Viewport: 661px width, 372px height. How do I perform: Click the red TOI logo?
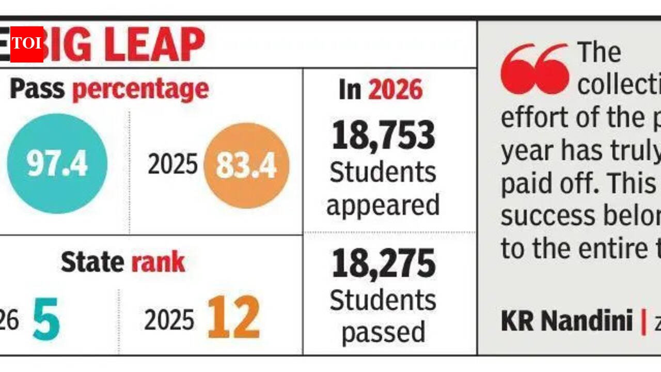(x=26, y=43)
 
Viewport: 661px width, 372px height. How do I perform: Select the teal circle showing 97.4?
(x=57, y=164)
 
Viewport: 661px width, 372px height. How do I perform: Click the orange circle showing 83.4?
(x=246, y=165)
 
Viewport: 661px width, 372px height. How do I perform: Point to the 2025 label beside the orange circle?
(x=172, y=165)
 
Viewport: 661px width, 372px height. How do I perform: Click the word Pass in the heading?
(x=37, y=89)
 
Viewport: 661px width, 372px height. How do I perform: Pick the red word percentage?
(x=140, y=89)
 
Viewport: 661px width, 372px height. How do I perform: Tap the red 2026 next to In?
(x=395, y=90)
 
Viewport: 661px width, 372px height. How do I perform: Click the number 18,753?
(x=383, y=135)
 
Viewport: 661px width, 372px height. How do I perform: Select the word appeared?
(x=383, y=205)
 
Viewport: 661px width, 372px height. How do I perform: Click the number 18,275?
(x=383, y=263)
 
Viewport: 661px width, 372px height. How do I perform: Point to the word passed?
(x=383, y=332)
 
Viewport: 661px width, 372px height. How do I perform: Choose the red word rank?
(x=158, y=262)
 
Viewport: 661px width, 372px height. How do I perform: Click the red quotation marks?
(x=534, y=69)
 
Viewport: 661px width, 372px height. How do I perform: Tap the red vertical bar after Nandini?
(x=643, y=321)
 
